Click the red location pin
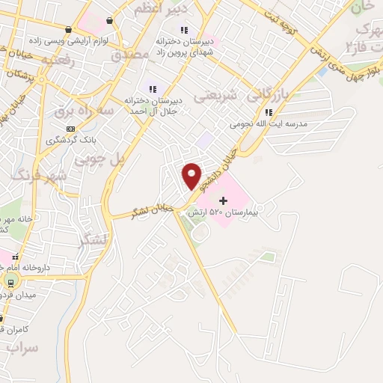click(192, 175)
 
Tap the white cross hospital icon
click(223, 200)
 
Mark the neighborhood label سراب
click(21, 349)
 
